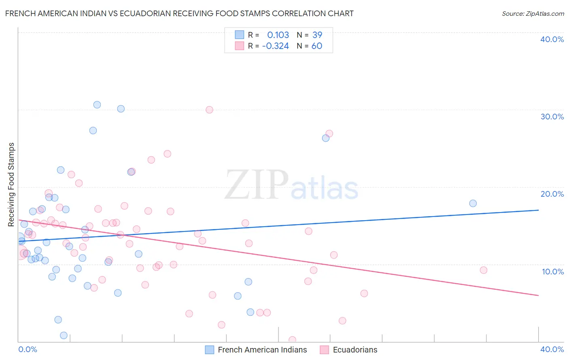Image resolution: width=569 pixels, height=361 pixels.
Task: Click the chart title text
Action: [x=179, y=13]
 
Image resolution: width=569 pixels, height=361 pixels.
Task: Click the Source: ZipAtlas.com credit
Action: [x=533, y=13]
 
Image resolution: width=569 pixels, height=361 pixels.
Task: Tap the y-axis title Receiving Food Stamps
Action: [x=11, y=185]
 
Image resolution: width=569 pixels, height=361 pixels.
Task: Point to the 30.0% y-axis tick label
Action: [x=552, y=117]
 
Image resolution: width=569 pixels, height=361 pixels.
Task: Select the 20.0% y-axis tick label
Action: [x=552, y=194]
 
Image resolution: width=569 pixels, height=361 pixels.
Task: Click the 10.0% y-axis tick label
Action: [x=553, y=272]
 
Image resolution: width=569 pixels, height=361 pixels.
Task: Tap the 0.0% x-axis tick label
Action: [x=28, y=349]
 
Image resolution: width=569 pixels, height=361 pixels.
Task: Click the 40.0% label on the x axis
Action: [x=552, y=349]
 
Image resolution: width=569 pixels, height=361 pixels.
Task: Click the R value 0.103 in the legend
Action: [x=278, y=35]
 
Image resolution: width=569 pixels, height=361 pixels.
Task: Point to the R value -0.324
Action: [x=276, y=46]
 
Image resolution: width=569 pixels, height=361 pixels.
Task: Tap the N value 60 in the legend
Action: [x=317, y=46]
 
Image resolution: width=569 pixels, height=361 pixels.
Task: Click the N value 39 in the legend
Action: [x=317, y=35]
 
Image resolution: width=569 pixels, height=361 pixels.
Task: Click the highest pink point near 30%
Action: [x=209, y=110]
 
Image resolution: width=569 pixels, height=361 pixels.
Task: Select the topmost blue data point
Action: [x=97, y=105]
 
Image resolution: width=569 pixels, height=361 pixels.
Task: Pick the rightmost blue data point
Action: [x=473, y=203]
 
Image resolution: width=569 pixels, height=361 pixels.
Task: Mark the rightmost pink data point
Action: [x=483, y=270]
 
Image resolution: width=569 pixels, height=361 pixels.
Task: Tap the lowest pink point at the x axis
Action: [x=292, y=340]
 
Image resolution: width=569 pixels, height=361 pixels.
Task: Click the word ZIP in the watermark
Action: [x=257, y=185]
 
